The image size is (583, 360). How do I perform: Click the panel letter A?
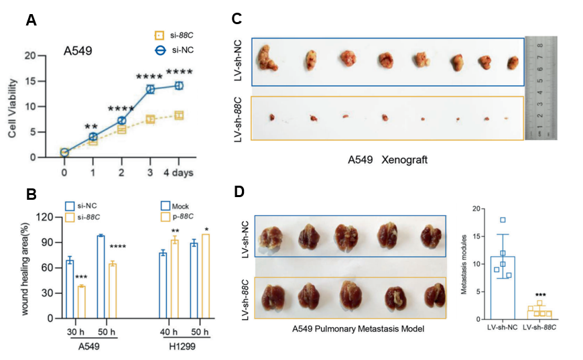coord(31,21)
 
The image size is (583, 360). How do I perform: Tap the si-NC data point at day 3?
coord(151,88)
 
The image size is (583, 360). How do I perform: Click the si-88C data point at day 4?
coord(179,115)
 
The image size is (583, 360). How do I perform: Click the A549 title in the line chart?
coord(78,50)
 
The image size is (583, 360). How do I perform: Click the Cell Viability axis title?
coord(13,107)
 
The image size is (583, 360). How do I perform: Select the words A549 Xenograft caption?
coord(387,161)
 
